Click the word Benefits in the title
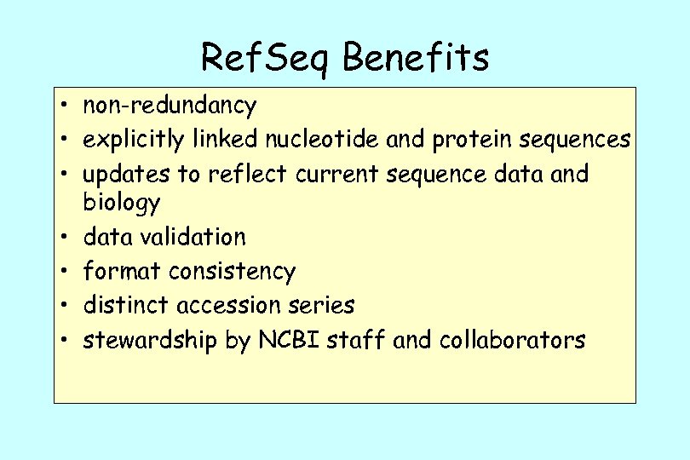tap(417, 58)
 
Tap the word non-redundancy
tap(170, 106)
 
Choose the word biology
tap(121, 204)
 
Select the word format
tap(122, 272)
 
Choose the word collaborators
tap(512, 341)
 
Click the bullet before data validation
tap(64, 238)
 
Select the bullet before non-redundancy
tap(64, 107)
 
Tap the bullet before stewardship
tap(64, 342)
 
